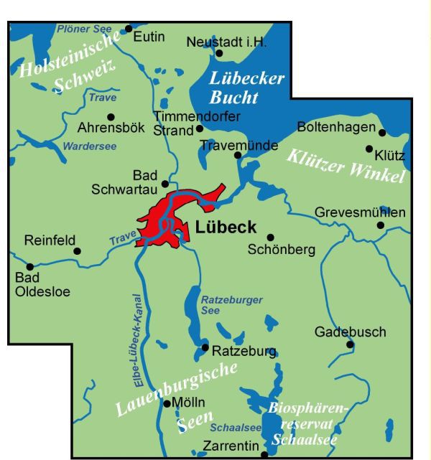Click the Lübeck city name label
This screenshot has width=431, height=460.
point(226,228)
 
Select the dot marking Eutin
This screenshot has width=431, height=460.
point(129,29)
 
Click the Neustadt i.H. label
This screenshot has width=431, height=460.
point(226,42)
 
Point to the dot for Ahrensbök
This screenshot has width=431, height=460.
point(111,116)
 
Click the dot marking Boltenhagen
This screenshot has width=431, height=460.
point(382,132)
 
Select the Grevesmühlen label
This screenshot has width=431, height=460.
point(360,212)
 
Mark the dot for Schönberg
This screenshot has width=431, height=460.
point(270,237)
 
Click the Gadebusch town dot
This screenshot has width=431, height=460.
point(350,344)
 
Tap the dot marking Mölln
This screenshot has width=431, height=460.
point(167,403)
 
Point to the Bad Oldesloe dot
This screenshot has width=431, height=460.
point(30,266)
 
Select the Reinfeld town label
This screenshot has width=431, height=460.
point(50,240)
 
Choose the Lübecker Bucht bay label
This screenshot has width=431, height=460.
point(247,87)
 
